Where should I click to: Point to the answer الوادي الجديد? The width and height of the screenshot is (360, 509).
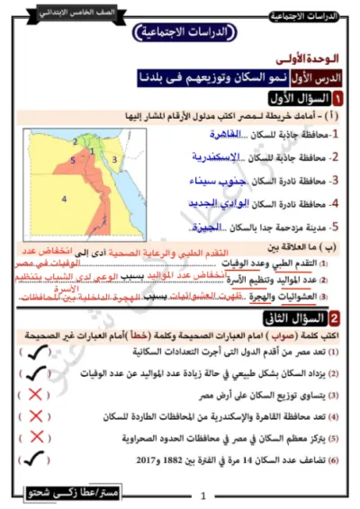pos(237,202)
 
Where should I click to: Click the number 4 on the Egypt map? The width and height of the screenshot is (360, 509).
pos(64,197)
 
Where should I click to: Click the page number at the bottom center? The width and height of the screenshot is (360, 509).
pos(203,496)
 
